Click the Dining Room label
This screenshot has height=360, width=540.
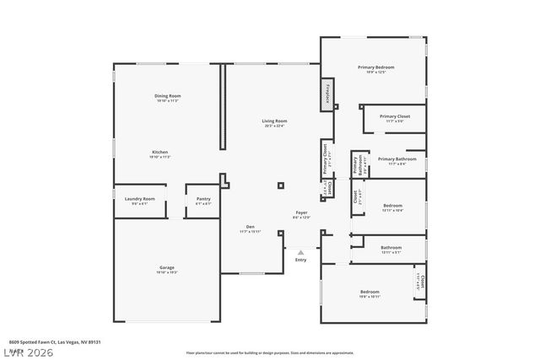pyautogui.click(x=167, y=96)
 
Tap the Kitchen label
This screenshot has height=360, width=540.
pyautogui.click(x=160, y=153)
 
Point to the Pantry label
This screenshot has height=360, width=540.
pyautogui.click(x=203, y=199)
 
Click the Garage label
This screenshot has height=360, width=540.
pyautogui.click(x=166, y=268)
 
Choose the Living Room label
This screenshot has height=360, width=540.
pyautogui.click(x=274, y=121)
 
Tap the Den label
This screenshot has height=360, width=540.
pyautogui.click(x=251, y=226)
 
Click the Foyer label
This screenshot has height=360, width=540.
pyautogui.click(x=301, y=212)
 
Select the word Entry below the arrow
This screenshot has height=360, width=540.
pyautogui.click(x=301, y=260)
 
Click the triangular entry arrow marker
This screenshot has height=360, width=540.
pyautogui.click(x=301, y=251)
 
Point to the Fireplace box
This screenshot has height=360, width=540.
pyautogui.click(x=328, y=93)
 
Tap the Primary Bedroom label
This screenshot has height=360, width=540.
pyautogui.click(x=375, y=67)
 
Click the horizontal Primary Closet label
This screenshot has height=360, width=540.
pyautogui.click(x=394, y=116)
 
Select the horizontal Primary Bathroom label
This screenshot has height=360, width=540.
pyautogui.click(x=397, y=159)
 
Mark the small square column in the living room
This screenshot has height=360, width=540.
pyautogui.click(x=281, y=186)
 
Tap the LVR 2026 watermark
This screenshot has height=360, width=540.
pyautogui.click(x=28, y=350)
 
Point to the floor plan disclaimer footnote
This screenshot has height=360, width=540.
pyautogui.click(x=270, y=352)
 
